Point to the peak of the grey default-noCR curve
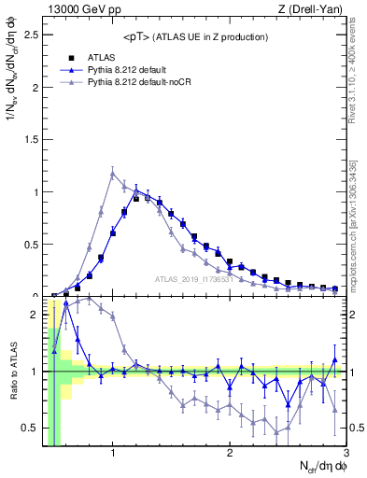click(x=112, y=173)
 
